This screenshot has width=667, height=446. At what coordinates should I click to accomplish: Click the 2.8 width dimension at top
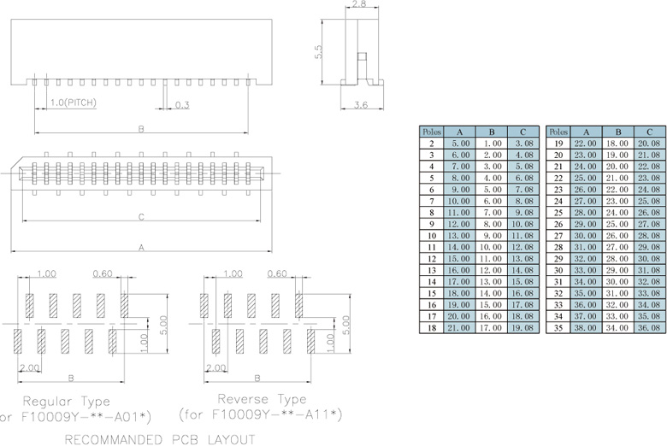tap(358, 5)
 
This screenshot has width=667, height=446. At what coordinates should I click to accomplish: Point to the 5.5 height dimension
tap(319, 52)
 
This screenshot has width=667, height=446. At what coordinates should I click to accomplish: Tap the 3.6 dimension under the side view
tap(359, 105)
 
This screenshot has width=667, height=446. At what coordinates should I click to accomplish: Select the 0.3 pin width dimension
tap(182, 105)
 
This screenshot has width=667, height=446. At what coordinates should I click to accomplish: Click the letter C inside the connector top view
tap(140, 217)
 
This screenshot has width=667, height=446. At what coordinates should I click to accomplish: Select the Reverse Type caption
tap(262, 399)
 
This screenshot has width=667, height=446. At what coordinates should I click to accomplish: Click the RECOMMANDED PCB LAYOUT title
tap(160, 438)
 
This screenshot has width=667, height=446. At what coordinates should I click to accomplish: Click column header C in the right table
tap(650, 132)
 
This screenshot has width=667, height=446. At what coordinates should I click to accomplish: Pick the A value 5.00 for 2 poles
tap(460, 144)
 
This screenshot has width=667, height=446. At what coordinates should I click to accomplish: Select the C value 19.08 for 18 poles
tap(522, 326)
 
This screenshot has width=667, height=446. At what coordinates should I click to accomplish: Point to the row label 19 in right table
tap(558, 144)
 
